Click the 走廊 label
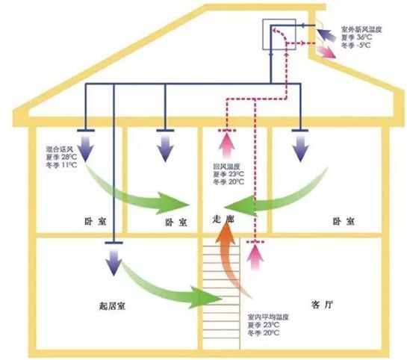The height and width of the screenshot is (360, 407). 223,220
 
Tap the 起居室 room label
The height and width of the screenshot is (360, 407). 112,306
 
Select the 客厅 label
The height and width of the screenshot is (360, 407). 322,305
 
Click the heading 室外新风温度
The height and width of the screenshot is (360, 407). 361,29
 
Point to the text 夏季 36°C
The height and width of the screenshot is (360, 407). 356,37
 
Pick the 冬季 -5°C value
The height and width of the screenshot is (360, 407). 356,45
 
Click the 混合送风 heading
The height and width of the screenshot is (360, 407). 60,149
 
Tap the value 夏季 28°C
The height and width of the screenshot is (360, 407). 61,157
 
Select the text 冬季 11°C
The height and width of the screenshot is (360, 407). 61,165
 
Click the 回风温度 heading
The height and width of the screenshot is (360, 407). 226,167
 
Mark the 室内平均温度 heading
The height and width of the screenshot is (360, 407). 268,317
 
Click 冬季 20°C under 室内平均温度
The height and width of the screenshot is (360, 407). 264,333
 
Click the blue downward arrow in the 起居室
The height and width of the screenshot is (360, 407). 114,263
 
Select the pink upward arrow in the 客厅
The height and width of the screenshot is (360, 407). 255,258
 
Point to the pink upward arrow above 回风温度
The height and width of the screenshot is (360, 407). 227,146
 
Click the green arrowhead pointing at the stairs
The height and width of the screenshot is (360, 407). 206,298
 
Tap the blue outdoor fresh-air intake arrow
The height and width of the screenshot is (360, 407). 326,35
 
